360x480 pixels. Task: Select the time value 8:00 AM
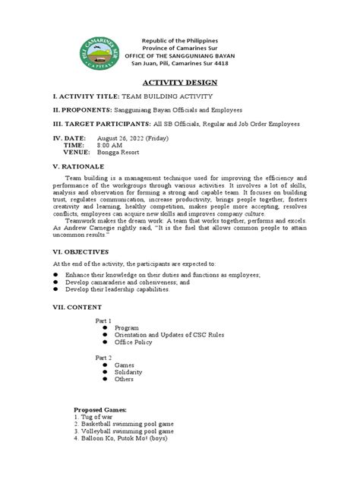pos(101,145)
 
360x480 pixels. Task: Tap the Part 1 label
pos(103,321)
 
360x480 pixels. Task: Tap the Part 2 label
pos(103,357)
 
